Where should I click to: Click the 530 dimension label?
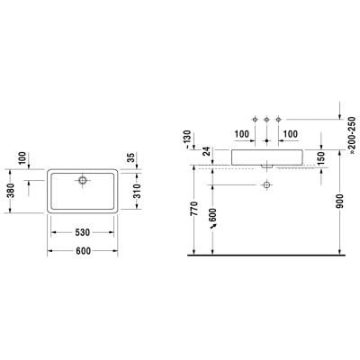coord(83,232)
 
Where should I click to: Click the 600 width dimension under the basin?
coord(83,251)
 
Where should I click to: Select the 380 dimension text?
coord(11,191)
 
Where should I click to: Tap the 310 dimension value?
coord(137,191)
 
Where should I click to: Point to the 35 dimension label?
coord(131,157)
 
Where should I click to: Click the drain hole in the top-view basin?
coord(83,180)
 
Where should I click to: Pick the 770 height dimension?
coord(194,209)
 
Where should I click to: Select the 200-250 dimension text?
coord(352,135)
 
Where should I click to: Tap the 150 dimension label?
coord(321,159)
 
